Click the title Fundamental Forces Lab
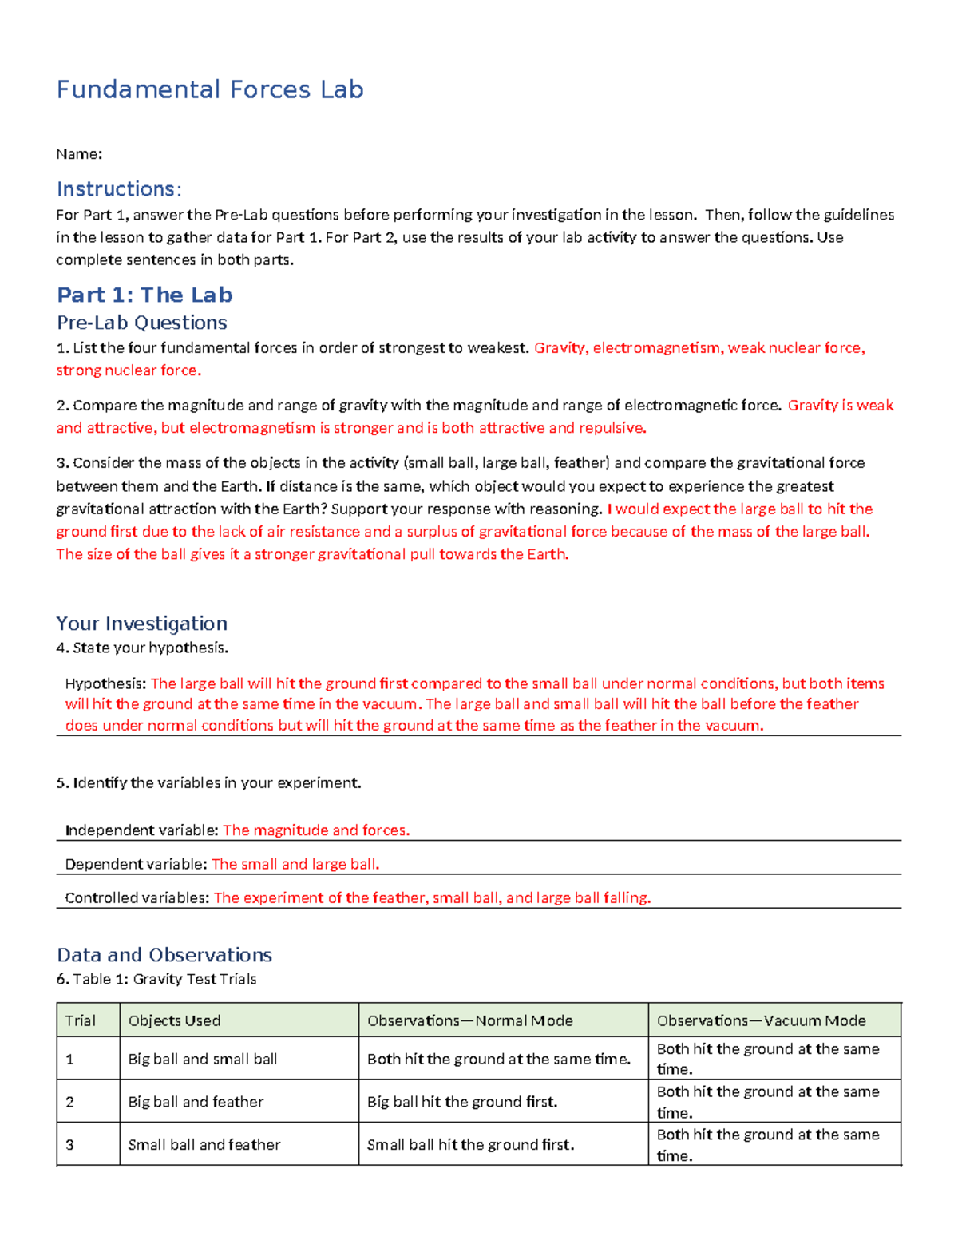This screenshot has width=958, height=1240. click(x=210, y=89)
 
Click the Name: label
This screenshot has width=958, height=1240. click(x=79, y=154)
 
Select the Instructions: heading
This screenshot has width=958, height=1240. click(x=119, y=189)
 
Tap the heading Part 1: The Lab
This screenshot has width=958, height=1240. click(x=144, y=295)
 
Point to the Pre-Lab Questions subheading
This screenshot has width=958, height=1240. click(x=141, y=323)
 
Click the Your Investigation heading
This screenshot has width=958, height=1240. click(x=141, y=624)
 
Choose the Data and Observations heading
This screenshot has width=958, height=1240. click(x=164, y=955)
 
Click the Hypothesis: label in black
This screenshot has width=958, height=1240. click(x=106, y=683)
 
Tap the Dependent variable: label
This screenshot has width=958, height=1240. click(x=136, y=864)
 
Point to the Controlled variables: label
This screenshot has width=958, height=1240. click(x=137, y=897)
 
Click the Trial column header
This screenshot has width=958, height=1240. click(x=80, y=1020)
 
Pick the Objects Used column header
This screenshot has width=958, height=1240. click(x=174, y=1020)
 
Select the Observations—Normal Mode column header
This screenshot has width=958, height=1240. click(x=469, y=1020)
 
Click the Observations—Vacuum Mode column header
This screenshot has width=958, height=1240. click(x=761, y=1020)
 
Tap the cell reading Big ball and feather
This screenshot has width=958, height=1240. click(x=196, y=1102)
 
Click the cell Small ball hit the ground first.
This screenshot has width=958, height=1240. click(x=470, y=1144)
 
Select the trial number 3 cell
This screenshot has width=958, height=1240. click(x=70, y=1145)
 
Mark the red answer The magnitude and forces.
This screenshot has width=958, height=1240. click(x=316, y=830)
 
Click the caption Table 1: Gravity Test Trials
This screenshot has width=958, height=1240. click(x=164, y=979)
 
